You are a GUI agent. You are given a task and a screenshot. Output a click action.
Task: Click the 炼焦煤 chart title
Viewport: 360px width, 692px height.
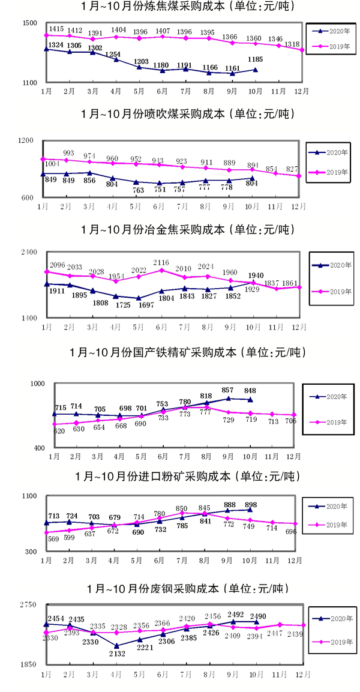tap(179, 7)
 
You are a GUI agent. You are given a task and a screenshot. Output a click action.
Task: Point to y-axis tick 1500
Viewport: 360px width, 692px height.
tap(29, 23)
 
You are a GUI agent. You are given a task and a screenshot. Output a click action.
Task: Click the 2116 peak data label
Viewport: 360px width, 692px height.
tap(162, 262)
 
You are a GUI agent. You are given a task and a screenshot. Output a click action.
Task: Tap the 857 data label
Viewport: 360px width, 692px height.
tap(228, 390)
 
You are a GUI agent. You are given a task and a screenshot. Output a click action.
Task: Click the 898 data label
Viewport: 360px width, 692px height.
tap(253, 505)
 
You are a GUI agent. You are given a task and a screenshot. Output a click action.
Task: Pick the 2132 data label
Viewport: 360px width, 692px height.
tap(116, 654)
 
